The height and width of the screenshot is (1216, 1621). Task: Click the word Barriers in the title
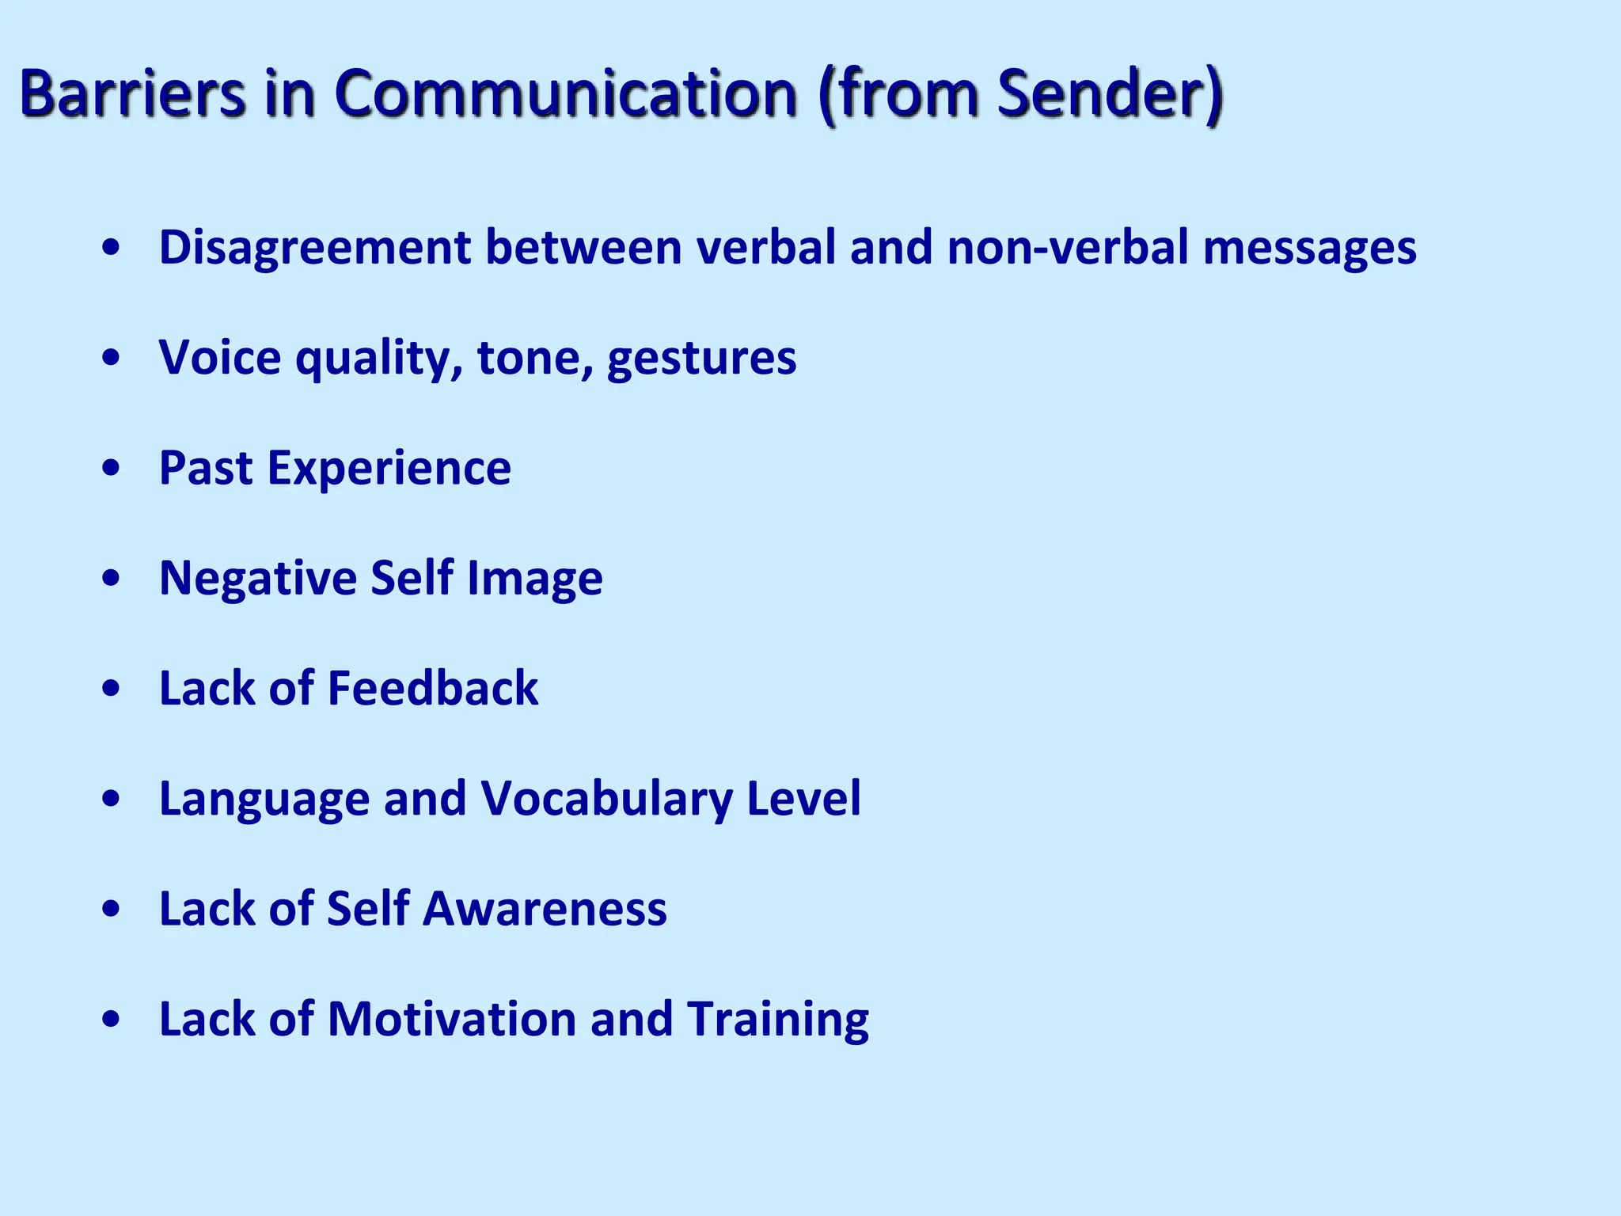tap(132, 93)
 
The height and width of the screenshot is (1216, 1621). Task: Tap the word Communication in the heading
tap(565, 93)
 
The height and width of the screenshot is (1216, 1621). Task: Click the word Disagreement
tap(315, 247)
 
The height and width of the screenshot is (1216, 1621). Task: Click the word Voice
tap(219, 357)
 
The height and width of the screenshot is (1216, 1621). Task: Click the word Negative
tap(257, 578)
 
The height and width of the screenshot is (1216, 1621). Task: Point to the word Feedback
tap(432, 687)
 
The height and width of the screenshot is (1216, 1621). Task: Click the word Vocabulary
tap(606, 798)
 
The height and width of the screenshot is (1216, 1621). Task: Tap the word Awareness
tap(545, 908)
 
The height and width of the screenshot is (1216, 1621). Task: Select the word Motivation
tap(451, 1018)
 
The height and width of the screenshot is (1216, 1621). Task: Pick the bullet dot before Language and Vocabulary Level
tap(112, 799)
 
